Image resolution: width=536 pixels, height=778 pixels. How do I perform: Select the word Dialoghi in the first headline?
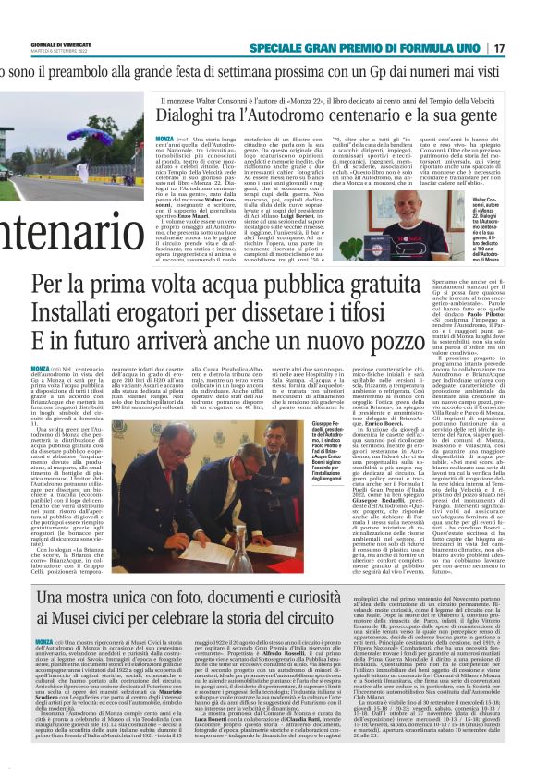191,116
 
